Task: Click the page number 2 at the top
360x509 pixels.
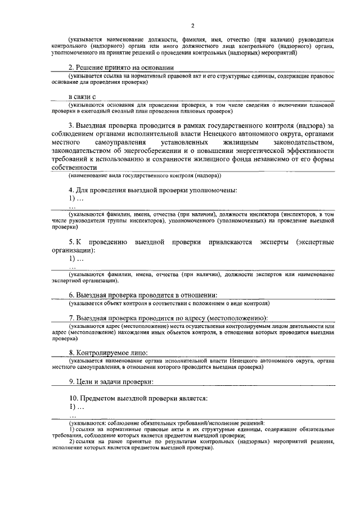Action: (x=192, y=25)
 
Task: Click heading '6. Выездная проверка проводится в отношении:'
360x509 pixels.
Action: (x=143, y=295)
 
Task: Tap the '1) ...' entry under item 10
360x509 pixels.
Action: (x=76, y=407)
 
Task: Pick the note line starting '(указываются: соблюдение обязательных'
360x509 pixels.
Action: (x=166, y=422)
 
